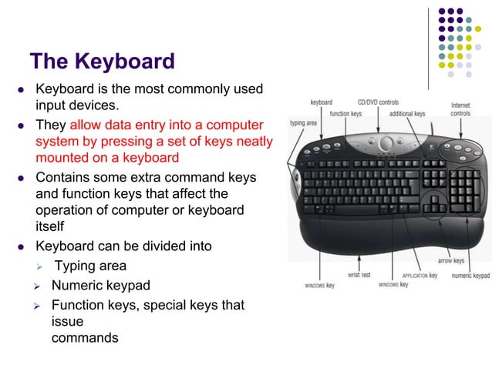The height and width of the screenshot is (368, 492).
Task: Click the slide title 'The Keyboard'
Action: (102, 61)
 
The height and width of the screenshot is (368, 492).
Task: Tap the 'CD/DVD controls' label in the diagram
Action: (378, 102)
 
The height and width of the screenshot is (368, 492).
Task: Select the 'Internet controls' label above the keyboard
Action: (461, 109)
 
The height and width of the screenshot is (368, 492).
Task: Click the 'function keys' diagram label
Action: (345, 114)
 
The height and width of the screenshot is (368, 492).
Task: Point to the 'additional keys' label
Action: (406, 114)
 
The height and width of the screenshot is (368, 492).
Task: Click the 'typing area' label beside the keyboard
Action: (303, 122)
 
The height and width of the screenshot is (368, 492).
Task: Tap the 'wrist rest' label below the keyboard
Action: (359, 274)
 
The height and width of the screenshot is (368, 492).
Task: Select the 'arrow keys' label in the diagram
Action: (451, 261)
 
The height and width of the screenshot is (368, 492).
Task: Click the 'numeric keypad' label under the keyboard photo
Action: (470, 275)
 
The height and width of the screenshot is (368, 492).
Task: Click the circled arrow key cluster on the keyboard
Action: (436, 201)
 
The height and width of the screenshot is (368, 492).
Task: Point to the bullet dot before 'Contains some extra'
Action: (22, 178)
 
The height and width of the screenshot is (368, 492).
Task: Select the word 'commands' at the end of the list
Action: (85, 337)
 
